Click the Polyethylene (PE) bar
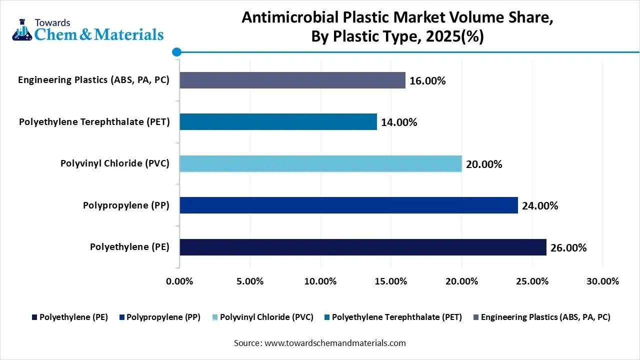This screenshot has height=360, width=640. click(x=363, y=247)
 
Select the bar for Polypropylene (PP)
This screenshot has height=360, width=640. click(x=348, y=205)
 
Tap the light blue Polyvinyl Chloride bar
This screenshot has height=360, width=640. click(x=320, y=163)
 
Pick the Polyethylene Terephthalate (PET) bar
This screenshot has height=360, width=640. click(x=278, y=121)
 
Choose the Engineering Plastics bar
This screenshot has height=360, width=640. click(x=292, y=80)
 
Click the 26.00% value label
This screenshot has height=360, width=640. click(x=568, y=247)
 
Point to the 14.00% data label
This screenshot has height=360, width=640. click(x=399, y=122)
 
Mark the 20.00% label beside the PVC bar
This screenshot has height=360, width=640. click(x=484, y=164)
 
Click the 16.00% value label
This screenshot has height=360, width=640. click(x=427, y=80)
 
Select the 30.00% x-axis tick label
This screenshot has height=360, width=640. click(x=602, y=281)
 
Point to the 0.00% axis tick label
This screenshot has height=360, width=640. click(x=179, y=281)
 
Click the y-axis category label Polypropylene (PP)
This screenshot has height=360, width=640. click(x=126, y=205)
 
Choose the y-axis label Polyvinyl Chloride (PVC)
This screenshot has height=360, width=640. click(x=115, y=163)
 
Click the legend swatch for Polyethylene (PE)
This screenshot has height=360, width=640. click(x=34, y=317)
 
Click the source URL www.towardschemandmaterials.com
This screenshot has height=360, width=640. click(x=334, y=343)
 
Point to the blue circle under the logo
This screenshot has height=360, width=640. click(x=176, y=51)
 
